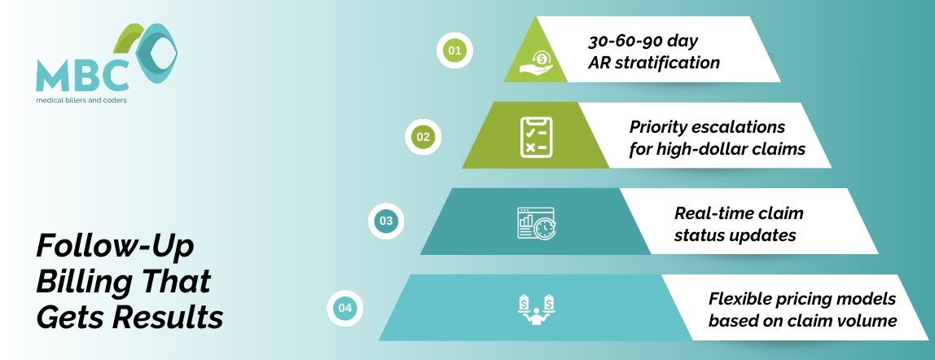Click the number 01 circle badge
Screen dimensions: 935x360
pyautogui.click(x=454, y=50)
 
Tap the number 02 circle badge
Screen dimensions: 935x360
pyautogui.click(x=423, y=137)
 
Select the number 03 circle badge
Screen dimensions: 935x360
pyautogui.click(x=386, y=221)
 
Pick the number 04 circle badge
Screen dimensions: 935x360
pyautogui.click(x=345, y=308)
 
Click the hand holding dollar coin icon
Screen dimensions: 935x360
pyautogui.click(x=536, y=62)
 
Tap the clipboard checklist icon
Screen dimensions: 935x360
pyautogui.click(x=536, y=137)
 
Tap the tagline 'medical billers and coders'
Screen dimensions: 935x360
pyautogui.click(x=81, y=100)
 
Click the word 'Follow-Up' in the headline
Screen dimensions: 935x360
pyautogui.click(x=116, y=246)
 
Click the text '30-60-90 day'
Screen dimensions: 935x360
pyautogui.click(x=643, y=41)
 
